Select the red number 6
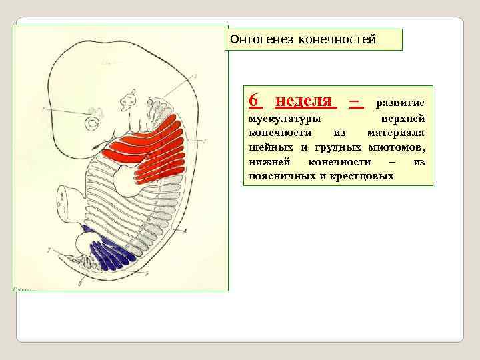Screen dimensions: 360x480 [253, 101]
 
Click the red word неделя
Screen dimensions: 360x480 [305, 101]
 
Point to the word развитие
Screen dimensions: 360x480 [401, 103]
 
